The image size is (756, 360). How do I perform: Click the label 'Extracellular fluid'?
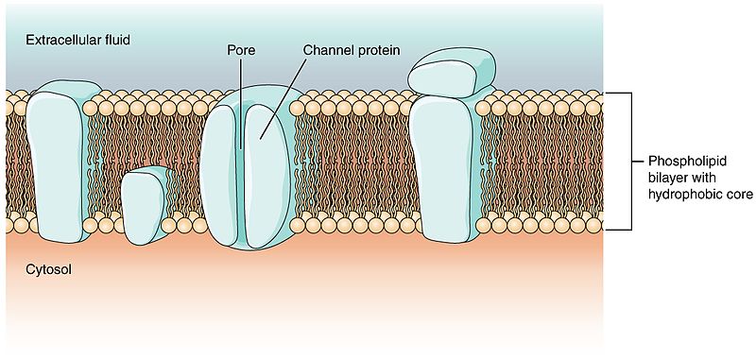(x=77, y=41)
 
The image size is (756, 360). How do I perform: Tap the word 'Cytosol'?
(x=46, y=269)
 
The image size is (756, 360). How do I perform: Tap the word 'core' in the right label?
(x=733, y=196)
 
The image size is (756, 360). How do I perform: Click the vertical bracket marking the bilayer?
(x=627, y=161)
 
